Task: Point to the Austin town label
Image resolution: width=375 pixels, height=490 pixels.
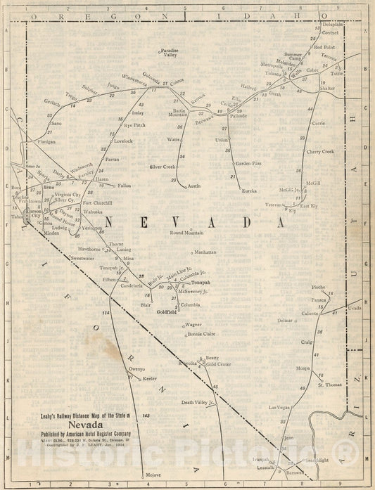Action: pyautogui.click(x=194, y=186)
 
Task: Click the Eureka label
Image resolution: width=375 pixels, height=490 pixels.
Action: pyautogui.click(x=249, y=191)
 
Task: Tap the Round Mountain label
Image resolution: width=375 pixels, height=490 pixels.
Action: pyautogui.click(x=186, y=232)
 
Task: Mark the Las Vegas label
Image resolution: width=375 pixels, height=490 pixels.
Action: pyautogui.click(x=279, y=407)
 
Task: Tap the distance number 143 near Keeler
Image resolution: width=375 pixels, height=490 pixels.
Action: pyautogui.click(x=146, y=417)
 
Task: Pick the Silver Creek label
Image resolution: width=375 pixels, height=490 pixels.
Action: pyautogui.click(x=163, y=167)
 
